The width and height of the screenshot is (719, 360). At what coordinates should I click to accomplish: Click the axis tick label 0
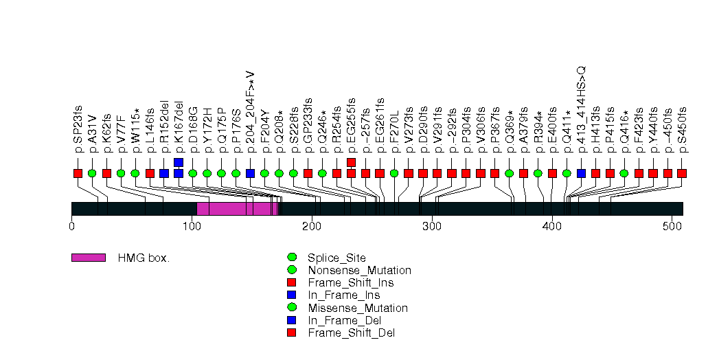coord(71,226)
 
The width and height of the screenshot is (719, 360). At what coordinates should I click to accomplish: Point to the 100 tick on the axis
coord(192,226)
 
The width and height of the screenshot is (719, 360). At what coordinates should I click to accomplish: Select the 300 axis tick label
coord(432,226)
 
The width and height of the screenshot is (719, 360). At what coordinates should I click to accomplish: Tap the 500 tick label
coord(672,226)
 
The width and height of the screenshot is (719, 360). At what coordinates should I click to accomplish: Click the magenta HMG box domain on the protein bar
coord(238,209)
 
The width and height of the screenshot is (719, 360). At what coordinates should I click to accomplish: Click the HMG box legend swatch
coord(89,258)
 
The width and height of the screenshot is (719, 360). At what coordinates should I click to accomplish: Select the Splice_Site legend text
coord(336,258)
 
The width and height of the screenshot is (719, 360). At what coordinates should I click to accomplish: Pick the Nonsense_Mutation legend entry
coord(359,271)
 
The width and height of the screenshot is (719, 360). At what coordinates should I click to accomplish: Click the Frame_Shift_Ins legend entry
coord(350,283)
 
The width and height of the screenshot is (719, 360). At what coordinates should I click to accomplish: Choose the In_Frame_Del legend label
coord(345,320)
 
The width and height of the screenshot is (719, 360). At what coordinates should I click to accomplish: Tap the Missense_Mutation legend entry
coord(358,308)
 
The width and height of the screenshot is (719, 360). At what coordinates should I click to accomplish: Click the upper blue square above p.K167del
coord(179,162)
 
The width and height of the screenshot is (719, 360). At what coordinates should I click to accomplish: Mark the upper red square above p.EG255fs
coord(352,162)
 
